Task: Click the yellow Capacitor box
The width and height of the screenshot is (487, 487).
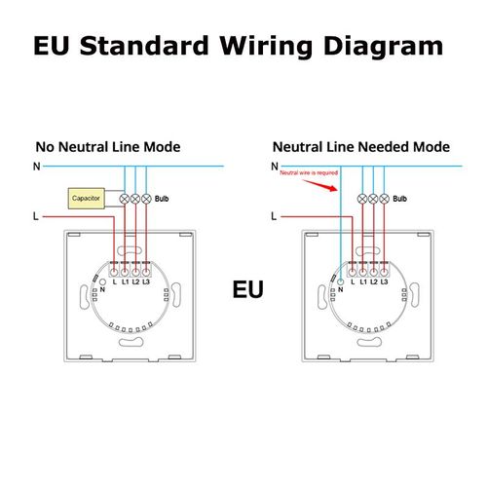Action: pyautogui.click(x=87, y=198)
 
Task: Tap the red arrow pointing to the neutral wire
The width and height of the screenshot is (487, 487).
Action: pyautogui.click(x=320, y=185)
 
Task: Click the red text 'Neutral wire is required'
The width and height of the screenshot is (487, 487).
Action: pyautogui.click(x=309, y=172)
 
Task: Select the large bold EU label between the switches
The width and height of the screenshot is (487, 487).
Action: pyautogui.click(x=247, y=289)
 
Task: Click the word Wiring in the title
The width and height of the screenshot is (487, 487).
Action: pyautogui.click(x=266, y=46)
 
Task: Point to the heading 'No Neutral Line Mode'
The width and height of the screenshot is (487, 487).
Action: pyautogui.click(x=108, y=147)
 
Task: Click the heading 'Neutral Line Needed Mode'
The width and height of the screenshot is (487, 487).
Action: pyautogui.click(x=361, y=147)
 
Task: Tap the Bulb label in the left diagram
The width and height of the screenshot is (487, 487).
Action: pyautogui.click(x=162, y=199)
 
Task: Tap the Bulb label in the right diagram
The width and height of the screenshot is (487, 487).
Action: pyautogui.click(x=399, y=199)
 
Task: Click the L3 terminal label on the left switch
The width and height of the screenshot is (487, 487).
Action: pyautogui.click(x=146, y=281)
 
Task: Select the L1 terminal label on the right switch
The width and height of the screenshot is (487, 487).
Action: pyautogui.click(x=363, y=281)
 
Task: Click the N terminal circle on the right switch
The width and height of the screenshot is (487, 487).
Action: pyautogui.click(x=340, y=281)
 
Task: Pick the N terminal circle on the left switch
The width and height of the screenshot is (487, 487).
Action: pyautogui.click(x=102, y=282)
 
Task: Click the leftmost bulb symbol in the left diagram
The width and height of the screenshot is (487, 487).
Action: pyautogui.click(x=125, y=199)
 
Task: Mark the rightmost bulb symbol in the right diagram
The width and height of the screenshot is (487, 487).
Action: pyautogui.click(x=384, y=199)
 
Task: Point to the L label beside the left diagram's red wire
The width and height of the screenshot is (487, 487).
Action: pyautogui.click(x=36, y=216)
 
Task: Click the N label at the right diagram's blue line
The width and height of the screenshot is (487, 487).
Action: pyautogui.click(x=275, y=167)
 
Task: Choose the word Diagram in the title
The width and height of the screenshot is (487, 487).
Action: pyautogui.click(x=383, y=46)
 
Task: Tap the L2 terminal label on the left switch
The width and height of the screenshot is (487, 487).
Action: pyautogui.click(x=135, y=281)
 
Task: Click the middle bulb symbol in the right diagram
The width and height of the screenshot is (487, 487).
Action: pyautogui.click(x=373, y=199)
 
